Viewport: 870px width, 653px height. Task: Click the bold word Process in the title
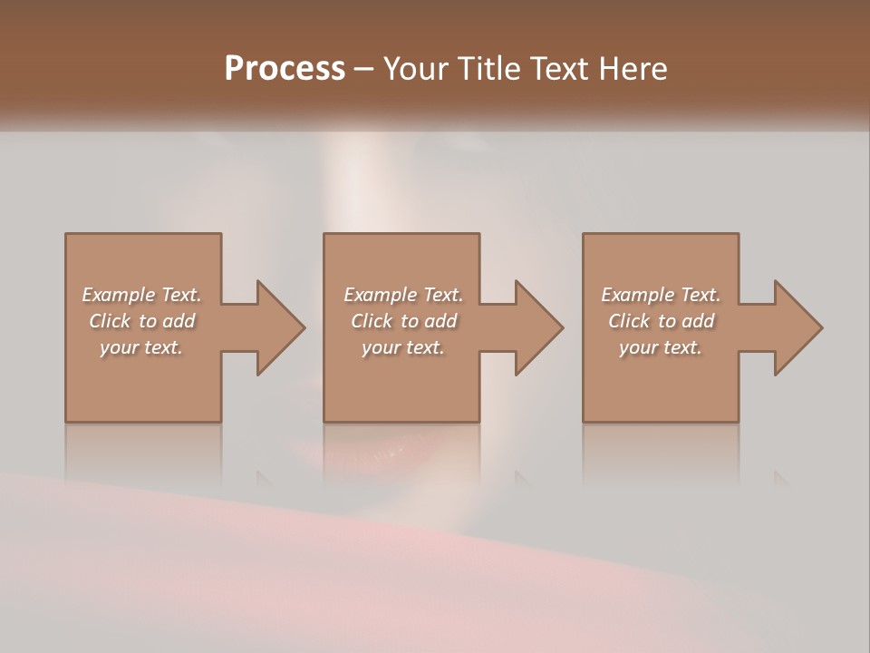(x=285, y=69)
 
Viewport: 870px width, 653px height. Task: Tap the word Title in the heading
(x=491, y=69)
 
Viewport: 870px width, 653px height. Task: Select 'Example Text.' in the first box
(x=141, y=295)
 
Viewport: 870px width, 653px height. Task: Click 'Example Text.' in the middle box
(x=403, y=295)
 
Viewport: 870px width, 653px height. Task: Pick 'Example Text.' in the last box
(x=661, y=295)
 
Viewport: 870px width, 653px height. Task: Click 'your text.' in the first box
(x=141, y=347)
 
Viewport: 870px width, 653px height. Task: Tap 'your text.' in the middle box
(x=403, y=347)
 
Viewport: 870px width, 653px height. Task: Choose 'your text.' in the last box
(x=661, y=347)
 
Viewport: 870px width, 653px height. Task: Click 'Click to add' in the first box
(x=141, y=321)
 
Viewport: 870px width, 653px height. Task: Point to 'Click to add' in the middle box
(x=403, y=321)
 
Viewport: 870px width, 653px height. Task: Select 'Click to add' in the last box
(x=661, y=321)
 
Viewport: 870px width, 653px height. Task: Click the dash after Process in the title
(x=364, y=70)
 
